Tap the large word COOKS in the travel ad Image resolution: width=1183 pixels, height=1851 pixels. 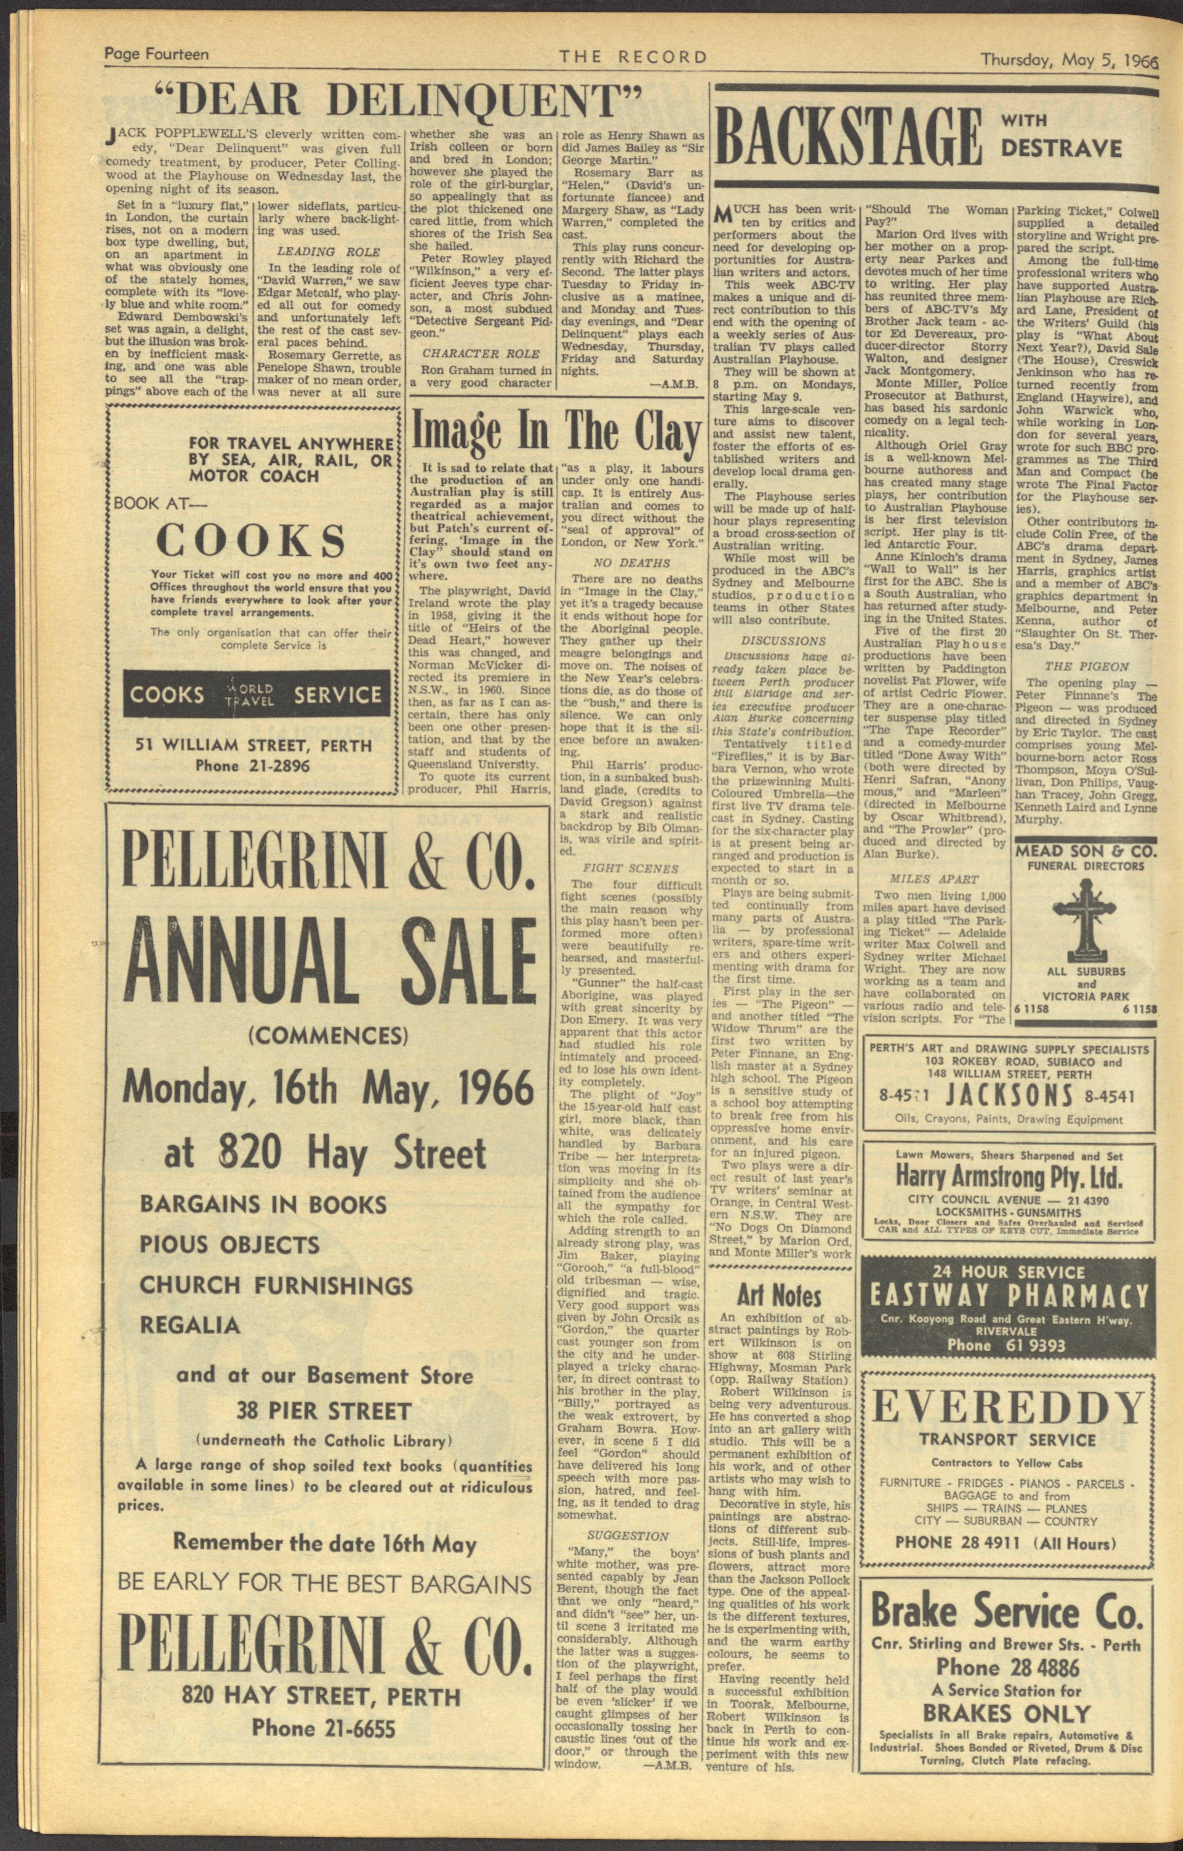coord(251,540)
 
